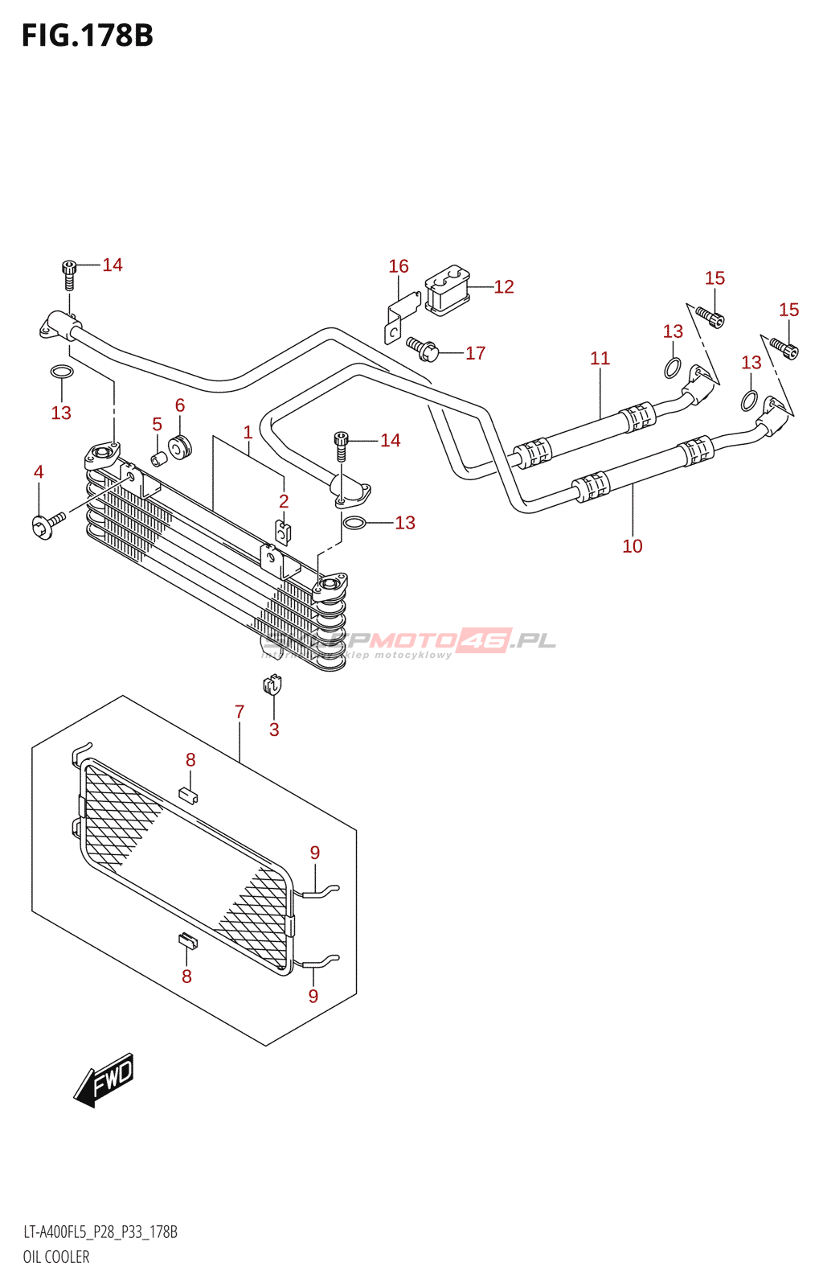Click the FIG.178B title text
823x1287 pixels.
point(87,35)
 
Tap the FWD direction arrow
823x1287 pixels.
point(104,1079)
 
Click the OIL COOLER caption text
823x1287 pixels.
point(56,1256)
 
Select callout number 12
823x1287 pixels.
point(504,287)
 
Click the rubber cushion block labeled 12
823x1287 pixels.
point(447,290)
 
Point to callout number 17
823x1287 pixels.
point(475,353)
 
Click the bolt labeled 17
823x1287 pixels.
point(423,347)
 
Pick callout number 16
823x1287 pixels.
point(399,266)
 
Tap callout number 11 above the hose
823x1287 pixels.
point(600,359)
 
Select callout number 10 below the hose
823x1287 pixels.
point(633,546)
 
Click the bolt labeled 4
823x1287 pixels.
point(47,525)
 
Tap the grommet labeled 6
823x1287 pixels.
point(179,446)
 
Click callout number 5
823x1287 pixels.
point(157,425)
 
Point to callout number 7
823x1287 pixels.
point(240,712)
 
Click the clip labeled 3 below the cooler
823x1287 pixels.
point(273,686)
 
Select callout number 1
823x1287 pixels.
point(248,432)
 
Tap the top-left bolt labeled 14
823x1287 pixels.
point(70,273)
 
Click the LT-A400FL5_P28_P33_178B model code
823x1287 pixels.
point(100,1232)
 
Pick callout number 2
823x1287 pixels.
point(284,501)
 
